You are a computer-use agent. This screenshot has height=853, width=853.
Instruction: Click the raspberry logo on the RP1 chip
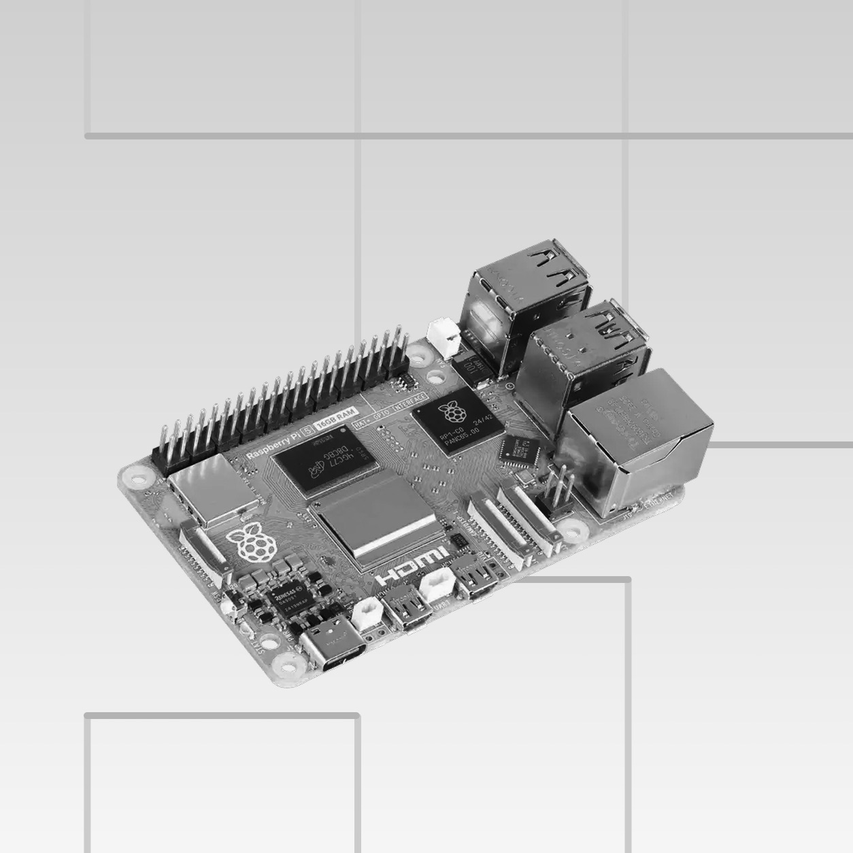click(x=448, y=411)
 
